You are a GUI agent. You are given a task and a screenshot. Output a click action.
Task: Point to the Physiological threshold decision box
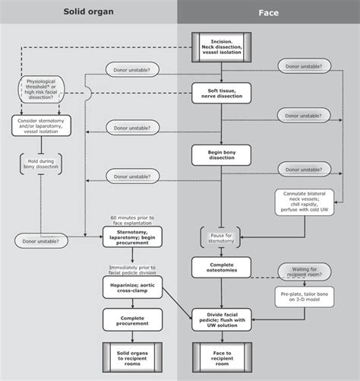click(x=46, y=88)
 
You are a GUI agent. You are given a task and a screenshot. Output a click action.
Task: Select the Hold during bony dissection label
click(x=42, y=164)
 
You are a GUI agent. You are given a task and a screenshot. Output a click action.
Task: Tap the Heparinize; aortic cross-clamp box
click(x=134, y=285)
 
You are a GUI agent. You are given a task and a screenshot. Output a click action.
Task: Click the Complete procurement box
click(x=134, y=319)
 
